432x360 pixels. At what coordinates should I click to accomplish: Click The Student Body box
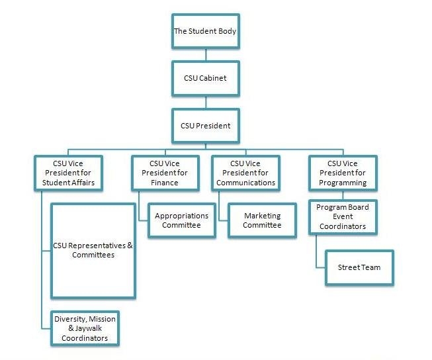[205, 31]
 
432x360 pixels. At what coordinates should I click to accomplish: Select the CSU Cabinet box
[205, 77]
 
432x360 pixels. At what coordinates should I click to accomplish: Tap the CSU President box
[205, 124]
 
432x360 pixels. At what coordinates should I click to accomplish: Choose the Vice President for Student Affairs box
[69, 173]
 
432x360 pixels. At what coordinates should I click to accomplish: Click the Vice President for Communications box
[245, 173]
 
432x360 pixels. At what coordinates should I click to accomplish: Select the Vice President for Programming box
[343, 173]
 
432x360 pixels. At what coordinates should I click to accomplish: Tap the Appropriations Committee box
[181, 220]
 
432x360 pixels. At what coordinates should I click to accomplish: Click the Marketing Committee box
[262, 220]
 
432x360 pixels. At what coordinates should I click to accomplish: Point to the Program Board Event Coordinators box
[343, 217]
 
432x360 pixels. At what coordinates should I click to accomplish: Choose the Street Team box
[359, 267]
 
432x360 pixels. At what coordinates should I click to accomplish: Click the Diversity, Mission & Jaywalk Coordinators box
[85, 328]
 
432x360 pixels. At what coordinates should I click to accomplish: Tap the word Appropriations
[181, 216]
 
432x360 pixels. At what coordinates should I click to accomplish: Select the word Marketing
[262, 216]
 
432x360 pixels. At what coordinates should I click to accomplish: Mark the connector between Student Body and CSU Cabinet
[205, 55]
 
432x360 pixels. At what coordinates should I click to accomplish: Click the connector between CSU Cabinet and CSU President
[205, 101]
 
